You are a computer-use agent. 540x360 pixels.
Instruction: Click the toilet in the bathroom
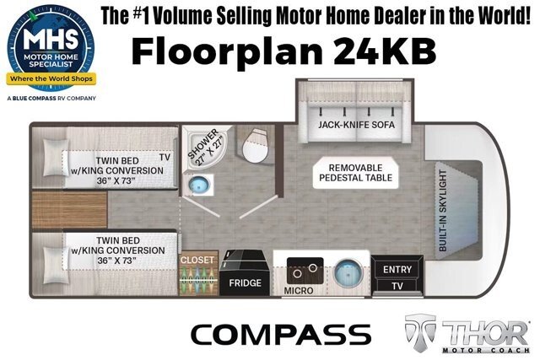[255, 146]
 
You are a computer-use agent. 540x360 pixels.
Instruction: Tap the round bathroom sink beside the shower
[199, 185]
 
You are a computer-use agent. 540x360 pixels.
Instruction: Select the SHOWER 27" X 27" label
[205, 148]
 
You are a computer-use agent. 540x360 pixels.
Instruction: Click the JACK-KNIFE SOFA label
[356, 125]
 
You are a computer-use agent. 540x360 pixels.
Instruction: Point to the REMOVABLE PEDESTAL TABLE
[356, 173]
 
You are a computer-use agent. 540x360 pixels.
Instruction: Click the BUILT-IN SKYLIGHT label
[443, 211]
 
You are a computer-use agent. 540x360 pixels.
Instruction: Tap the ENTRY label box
[397, 270]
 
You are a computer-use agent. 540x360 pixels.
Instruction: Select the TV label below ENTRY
[397, 286]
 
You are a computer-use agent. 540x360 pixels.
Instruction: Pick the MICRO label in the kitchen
[299, 291]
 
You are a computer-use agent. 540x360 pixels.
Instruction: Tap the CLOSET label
[197, 260]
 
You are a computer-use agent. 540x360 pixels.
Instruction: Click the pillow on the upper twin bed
[55, 158]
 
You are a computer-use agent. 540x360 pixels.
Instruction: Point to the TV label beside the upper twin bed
[165, 158]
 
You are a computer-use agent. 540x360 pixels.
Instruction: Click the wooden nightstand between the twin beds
[69, 210]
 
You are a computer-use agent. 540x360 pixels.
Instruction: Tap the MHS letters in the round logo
[51, 39]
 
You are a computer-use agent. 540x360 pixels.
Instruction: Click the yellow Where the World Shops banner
[51, 78]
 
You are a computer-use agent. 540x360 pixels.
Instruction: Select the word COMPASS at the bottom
[281, 335]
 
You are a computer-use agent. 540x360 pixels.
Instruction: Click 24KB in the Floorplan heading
[385, 51]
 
